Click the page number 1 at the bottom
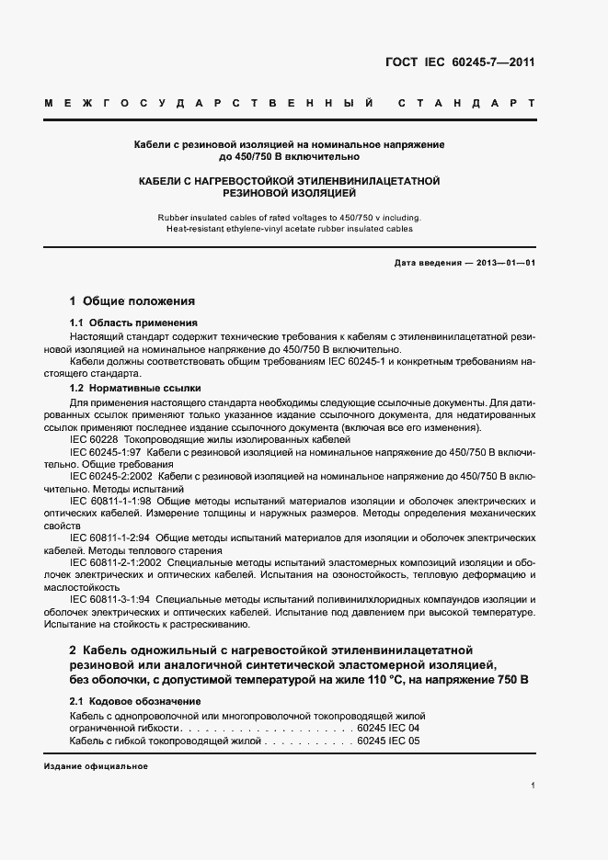point(533,786)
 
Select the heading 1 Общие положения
point(132,300)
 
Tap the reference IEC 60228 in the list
point(93,441)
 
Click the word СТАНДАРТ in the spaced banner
point(467,102)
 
